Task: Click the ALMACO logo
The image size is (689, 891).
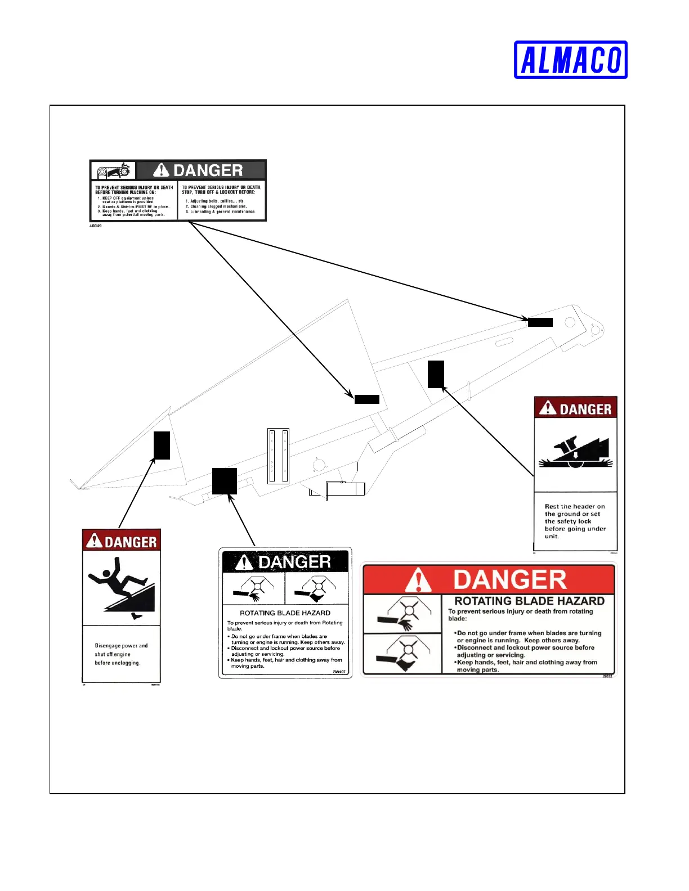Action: coord(570,60)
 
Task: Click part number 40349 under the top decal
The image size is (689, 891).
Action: coord(96,226)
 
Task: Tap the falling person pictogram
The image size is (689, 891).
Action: coord(122,587)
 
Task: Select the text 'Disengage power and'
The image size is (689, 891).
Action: coord(121,646)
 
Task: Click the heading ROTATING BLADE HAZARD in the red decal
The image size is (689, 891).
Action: coord(529,601)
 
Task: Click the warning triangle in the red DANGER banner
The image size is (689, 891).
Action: coord(418,580)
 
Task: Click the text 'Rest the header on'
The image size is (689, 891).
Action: coord(575,506)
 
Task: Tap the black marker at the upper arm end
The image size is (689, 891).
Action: coord(540,322)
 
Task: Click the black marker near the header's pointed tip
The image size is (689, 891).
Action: coord(162,445)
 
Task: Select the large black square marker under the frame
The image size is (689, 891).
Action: coord(224,481)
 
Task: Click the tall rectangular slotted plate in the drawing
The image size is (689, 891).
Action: coord(278,456)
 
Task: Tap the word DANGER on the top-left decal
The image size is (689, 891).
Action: coord(208,170)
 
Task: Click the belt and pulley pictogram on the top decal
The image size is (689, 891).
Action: coord(113,170)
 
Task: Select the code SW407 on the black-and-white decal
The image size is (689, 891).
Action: coord(338,672)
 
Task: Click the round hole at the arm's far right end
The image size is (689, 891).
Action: coord(570,322)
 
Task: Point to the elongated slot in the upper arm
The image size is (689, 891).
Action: coord(504,341)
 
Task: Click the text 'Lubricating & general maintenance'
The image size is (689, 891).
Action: coord(222,212)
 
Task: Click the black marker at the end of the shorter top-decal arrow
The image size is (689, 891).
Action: coord(366,399)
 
